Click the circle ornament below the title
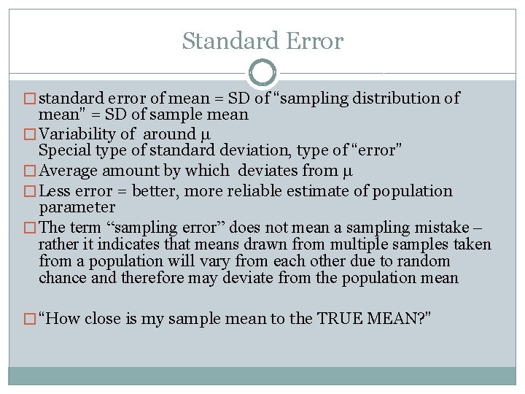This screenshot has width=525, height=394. click(262, 73)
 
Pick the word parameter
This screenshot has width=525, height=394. click(77, 207)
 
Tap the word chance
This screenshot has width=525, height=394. click(62, 278)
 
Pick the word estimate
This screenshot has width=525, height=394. click(330, 191)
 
